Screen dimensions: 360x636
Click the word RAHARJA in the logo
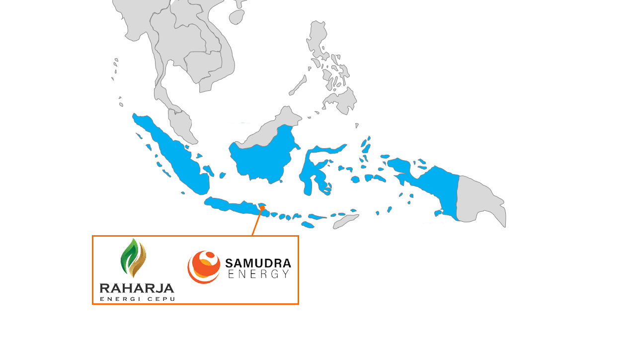coord(137,288)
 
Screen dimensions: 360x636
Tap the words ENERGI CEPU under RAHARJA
coord(137,299)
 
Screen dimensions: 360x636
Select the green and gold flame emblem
coord(133,258)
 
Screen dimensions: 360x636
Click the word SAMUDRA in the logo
coord(258,263)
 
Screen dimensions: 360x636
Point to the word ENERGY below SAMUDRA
coord(258,274)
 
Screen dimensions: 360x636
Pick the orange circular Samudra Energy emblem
coord(204,267)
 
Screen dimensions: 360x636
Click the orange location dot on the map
coord(262,208)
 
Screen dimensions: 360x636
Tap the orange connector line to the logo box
coord(257,222)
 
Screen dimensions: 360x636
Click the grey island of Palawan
coord(298,86)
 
